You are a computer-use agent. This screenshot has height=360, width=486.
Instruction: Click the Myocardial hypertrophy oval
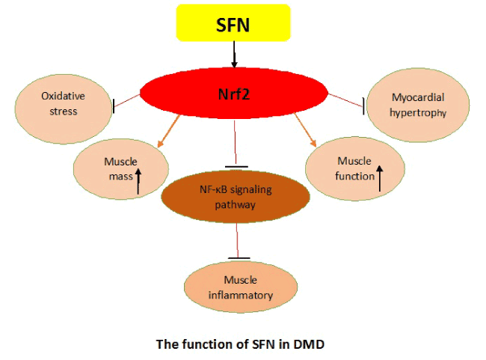point(419,104)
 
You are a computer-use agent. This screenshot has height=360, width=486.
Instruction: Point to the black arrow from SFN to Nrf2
point(234,54)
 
